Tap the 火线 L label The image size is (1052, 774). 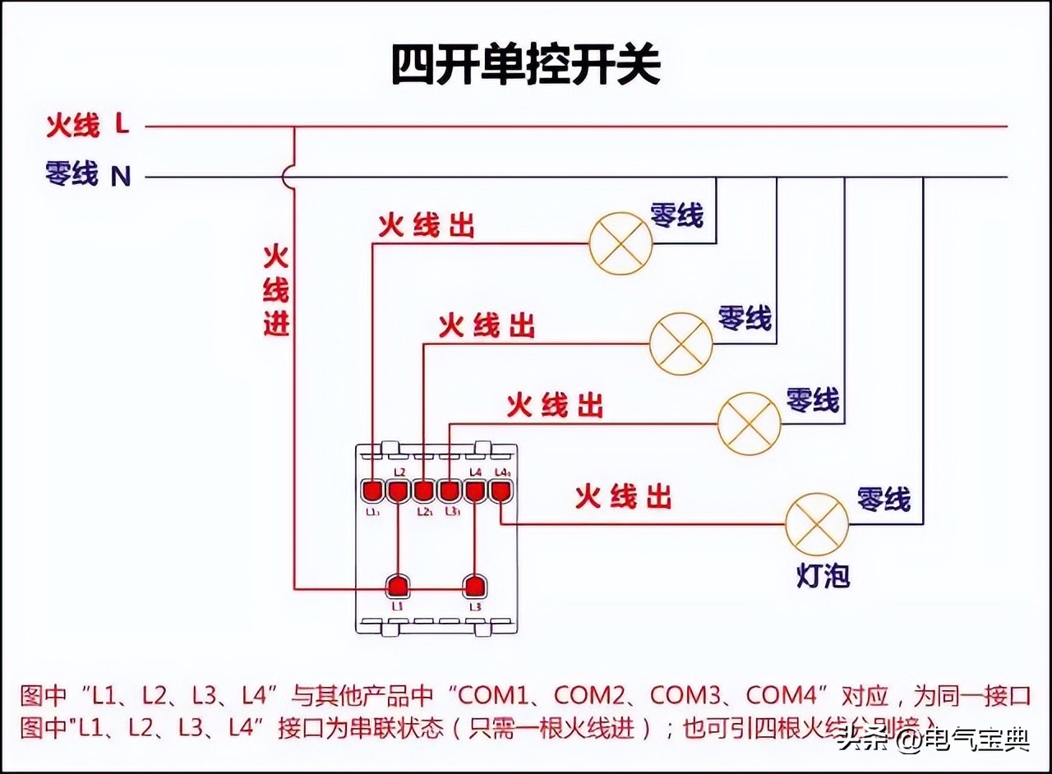[87, 126]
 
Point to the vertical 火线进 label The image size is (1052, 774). [276, 290]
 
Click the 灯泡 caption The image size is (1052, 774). [823, 575]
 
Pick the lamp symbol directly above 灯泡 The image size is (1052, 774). [817, 524]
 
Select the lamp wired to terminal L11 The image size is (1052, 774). [621, 243]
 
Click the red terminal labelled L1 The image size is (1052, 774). [398, 585]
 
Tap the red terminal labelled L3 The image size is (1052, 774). [474, 585]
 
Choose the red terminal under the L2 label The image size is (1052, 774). [398, 491]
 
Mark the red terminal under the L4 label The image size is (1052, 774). [474, 491]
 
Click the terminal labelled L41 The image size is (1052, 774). [500, 491]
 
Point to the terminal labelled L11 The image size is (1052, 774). [372, 491]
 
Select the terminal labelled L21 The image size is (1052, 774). [423, 491]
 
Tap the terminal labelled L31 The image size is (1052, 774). [449, 491]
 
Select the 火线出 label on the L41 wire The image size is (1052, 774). [623, 496]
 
